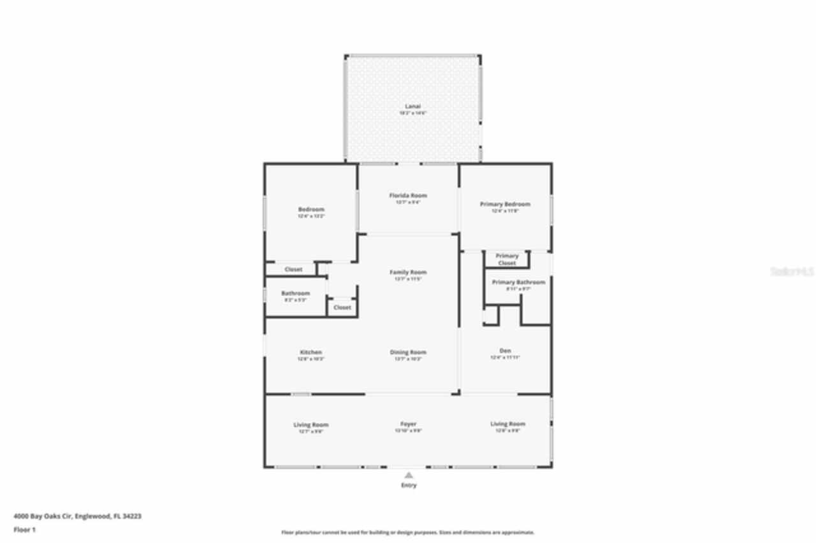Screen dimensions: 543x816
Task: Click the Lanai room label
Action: (x=412, y=106)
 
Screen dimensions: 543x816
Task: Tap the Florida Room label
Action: (x=408, y=196)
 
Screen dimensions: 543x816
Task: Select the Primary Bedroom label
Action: (x=505, y=205)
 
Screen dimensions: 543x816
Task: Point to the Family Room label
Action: (x=408, y=272)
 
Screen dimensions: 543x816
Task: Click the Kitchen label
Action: (x=311, y=352)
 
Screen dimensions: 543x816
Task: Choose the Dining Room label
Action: (x=408, y=352)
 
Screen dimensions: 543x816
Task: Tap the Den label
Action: (x=505, y=351)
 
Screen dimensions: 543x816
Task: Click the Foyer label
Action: (x=409, y=424)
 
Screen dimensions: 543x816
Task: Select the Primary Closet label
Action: (x=507, y=259)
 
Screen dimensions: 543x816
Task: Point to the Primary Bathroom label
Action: (x=518, y=282)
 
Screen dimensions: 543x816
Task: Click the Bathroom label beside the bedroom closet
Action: (x=296, y=294)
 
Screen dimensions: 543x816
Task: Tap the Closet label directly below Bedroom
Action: (x=293, y=270)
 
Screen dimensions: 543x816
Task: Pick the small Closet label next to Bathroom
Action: (x=342, y=307)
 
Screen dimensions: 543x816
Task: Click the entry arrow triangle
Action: (x=409, y=475)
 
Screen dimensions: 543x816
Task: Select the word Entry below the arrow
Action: (x=409, y=486)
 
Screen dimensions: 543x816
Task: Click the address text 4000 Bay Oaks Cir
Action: (x=77, y=516)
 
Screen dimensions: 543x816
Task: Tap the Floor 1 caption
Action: (x=25, y=530)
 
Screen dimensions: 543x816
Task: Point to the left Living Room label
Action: (x=311, y=425)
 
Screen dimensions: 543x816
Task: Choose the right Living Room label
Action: (x=507, y=424)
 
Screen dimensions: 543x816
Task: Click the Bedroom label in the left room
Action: (x=311, y=210)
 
